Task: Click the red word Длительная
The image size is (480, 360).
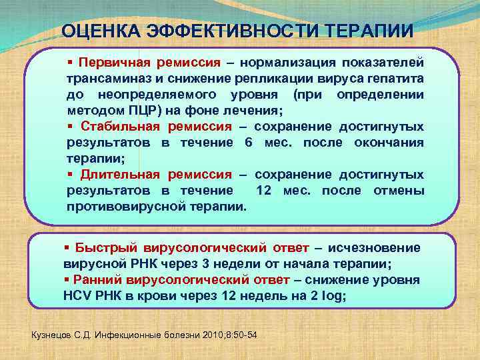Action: click(x=120, y=175)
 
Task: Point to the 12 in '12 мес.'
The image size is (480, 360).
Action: click(x=265, y=191)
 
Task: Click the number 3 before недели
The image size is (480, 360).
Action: click(x=190, y=264)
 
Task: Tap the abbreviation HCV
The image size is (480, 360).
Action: click(x=78, y=296)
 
